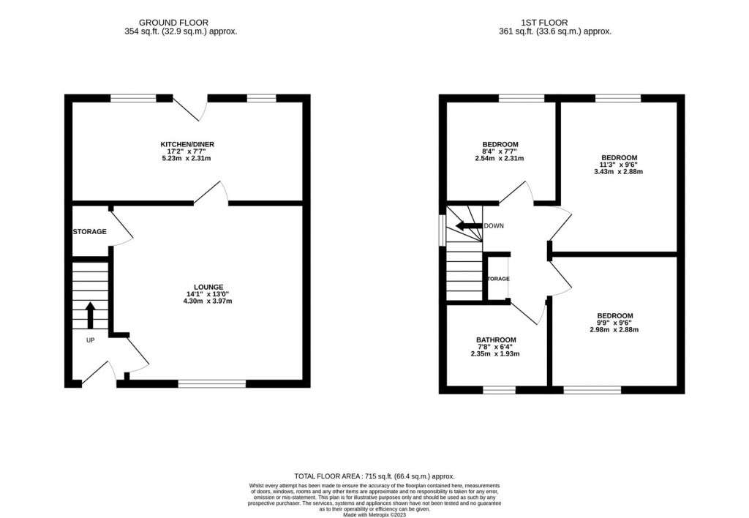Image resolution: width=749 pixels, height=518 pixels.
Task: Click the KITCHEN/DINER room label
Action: coord(188,144)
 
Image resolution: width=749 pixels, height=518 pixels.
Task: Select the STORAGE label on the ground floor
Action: coord(89,232)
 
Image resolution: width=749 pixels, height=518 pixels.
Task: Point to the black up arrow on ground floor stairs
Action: coord(90,315)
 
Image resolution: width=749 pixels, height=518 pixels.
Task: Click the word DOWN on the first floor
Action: coord(494,226)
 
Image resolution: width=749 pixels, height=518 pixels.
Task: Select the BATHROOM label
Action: coord(496,339)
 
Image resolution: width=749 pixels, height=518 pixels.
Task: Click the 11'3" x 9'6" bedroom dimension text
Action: coord(619,165)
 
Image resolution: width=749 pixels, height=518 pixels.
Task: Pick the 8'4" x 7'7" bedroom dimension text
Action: coord(500,151)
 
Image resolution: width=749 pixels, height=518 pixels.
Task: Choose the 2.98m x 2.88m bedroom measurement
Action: coord(614,329)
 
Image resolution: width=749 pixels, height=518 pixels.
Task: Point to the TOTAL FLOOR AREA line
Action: coord(374,475)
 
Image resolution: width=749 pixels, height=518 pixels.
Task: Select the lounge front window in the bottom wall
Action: coord(212,383)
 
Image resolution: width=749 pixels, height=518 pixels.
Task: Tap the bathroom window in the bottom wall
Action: coord(498,389)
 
